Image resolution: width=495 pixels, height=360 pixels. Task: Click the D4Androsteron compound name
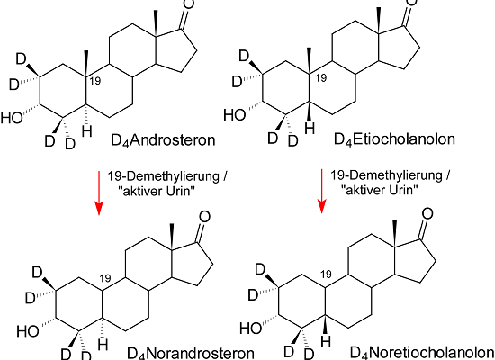point(163,140)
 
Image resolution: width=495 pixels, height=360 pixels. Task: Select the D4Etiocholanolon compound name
point(394,139)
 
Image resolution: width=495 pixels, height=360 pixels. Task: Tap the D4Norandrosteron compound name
point(191,353)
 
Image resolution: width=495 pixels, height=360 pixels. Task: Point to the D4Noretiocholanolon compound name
point(422,352)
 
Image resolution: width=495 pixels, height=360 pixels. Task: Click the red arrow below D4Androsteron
point(99,193)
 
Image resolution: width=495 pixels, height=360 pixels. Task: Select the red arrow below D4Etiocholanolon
point(321,192)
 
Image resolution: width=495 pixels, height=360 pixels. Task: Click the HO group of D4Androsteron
point(12,118)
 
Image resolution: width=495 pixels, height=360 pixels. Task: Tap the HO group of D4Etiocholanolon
point(235,115)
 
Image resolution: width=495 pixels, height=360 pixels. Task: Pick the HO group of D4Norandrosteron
point(28,331)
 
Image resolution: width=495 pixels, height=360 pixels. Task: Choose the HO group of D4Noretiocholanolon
point(251,328)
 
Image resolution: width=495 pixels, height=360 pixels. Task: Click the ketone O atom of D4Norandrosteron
point(204,217)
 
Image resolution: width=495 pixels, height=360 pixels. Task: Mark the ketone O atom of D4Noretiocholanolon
point(427,214)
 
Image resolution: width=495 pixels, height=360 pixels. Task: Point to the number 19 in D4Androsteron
point(95,81)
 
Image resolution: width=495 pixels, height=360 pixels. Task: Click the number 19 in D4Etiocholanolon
point(320,78)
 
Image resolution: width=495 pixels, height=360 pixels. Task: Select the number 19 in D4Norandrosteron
point(105,278)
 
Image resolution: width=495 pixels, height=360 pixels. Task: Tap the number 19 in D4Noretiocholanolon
point(326,274)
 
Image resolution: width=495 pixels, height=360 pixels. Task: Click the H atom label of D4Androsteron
point(87,131)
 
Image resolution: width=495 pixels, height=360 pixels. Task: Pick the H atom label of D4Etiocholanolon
point(310,128)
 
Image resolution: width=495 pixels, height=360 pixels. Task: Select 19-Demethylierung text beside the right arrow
point(386,175)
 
